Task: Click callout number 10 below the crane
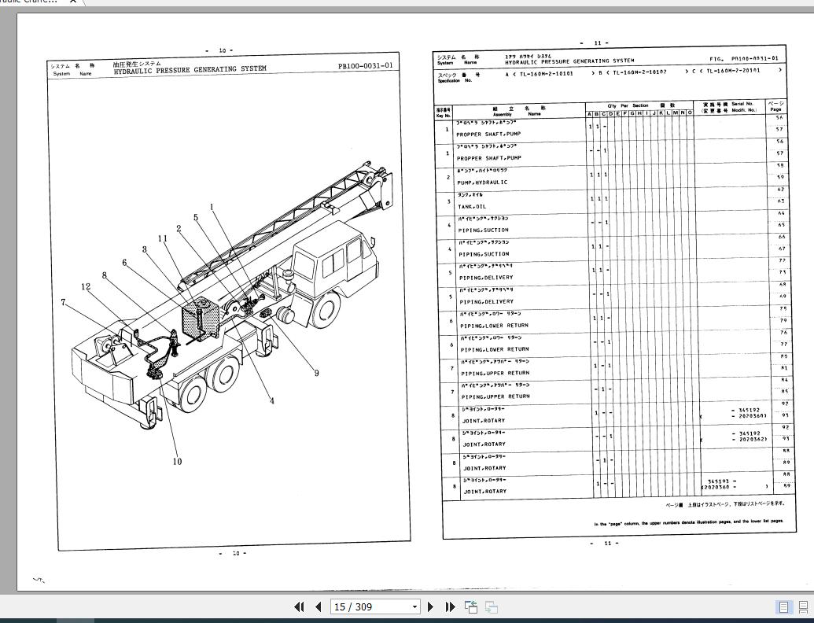pyautogui.click(x=177, y=462)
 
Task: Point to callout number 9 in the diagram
pyautogui.click(x=317, y=373)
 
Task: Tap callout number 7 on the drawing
pyautogui.click(x=63, y=302)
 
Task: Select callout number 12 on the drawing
pyautogui.click(x=86, y=286)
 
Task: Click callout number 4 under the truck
pyautogui.click(x=272, y=400)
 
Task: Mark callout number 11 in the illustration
pyautogui.click(x=164, y=238)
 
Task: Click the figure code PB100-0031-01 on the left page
pyautogui.click(x=365, y=66)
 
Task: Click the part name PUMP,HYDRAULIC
pyautogui.click(x=483, y=182)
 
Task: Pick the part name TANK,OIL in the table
pyautogui.click(x=473, y=206)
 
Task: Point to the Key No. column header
pyautogui.click(x=444, y=112)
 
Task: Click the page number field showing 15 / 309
pyautogui.click(x=376, y=606)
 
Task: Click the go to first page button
pyautogui.click(x=300, y=606)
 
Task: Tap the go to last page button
pyautogui.click(x=450, y=606)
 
